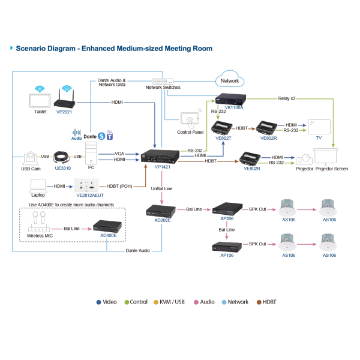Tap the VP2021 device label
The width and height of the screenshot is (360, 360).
64,111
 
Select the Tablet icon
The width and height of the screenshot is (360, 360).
40,97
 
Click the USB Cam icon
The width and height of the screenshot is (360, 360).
31,158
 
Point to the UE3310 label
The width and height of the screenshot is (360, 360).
62,169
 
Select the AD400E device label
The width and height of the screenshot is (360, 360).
108,236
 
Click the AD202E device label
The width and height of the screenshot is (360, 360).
163,220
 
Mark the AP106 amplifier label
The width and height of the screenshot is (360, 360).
227,255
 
